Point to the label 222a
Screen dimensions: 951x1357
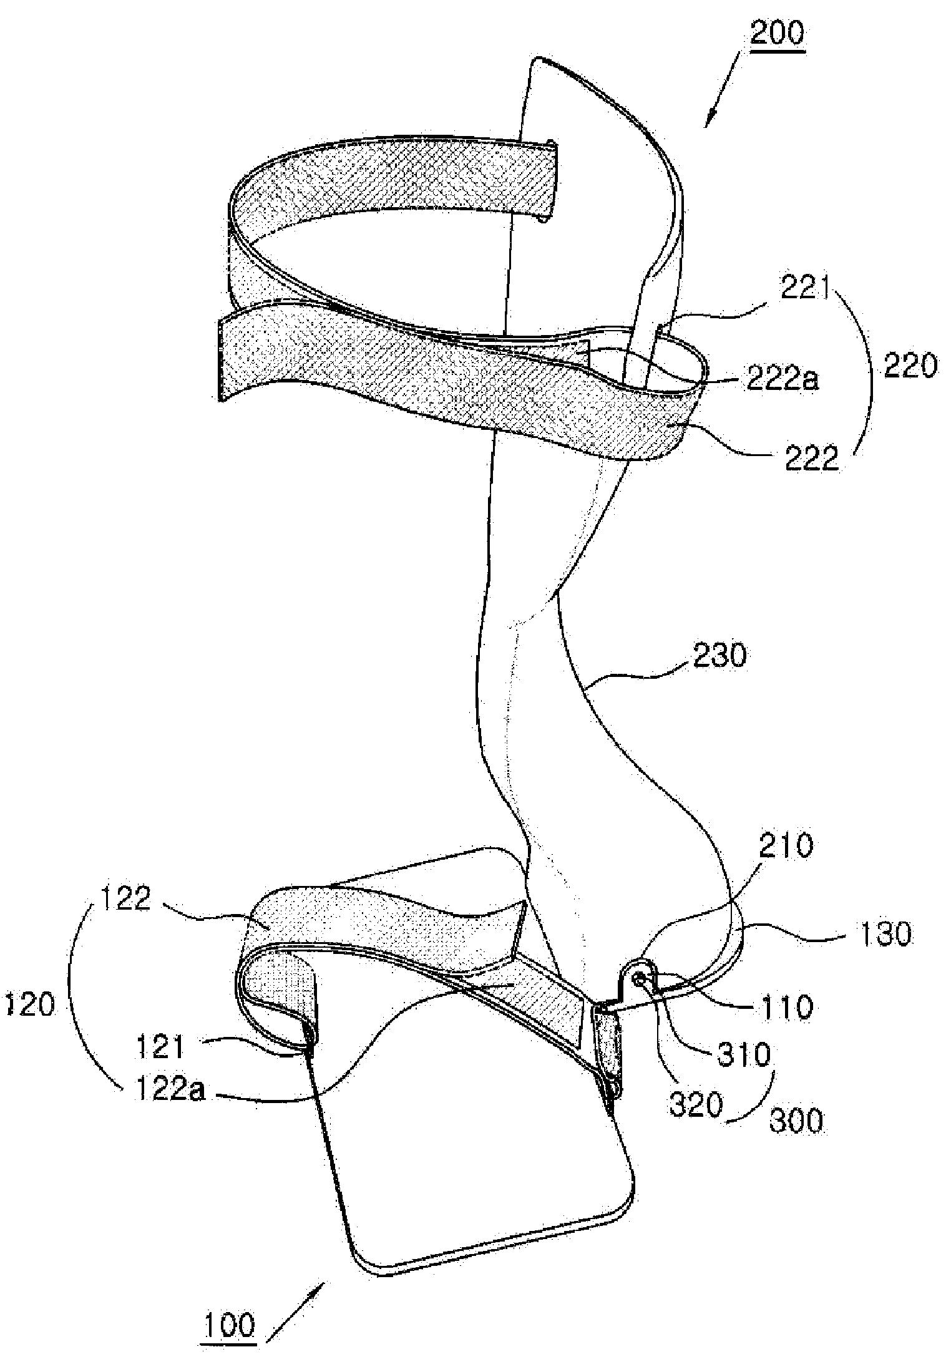(x=783, y=379)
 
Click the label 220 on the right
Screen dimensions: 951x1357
(x=911, y=367)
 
